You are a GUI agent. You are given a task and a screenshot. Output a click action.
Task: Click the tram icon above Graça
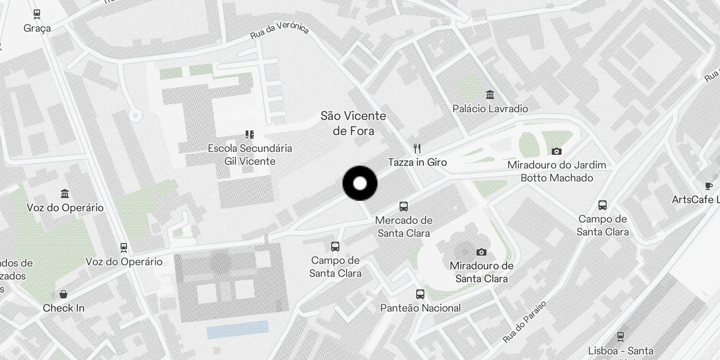coord(37,14)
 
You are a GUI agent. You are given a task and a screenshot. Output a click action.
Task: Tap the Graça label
coord(37,28)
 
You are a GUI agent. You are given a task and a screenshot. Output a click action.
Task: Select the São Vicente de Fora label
coord(353,123)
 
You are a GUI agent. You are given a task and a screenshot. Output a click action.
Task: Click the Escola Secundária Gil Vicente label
coord(250,154)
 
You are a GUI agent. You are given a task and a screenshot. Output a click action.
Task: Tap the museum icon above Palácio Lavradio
coord(490,95)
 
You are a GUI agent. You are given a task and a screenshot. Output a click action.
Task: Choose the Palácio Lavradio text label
coord(490,108)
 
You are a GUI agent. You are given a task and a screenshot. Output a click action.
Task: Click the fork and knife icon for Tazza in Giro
coord(417,148)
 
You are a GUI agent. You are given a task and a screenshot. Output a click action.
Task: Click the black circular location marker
coord(360,184)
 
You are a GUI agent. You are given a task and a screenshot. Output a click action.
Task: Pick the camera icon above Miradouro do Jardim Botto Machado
coord(557,152)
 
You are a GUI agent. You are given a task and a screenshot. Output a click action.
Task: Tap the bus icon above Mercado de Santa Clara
coord(404,207)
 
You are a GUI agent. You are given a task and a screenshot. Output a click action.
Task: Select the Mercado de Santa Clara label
coord(404,227)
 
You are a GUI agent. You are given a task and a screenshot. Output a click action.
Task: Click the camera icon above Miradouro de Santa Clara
coord(481,252)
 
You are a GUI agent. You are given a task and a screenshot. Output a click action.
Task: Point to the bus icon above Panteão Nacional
coord(420,294)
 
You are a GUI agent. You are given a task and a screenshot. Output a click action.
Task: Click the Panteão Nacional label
coord(420,308)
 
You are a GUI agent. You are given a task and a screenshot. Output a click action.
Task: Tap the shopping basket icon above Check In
coord(63,294)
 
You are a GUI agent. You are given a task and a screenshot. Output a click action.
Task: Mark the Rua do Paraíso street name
coord(524,321)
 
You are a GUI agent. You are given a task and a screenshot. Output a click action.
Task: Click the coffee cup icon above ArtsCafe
coord(708,186)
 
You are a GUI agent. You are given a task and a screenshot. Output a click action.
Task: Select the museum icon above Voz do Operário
coord(65,194)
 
